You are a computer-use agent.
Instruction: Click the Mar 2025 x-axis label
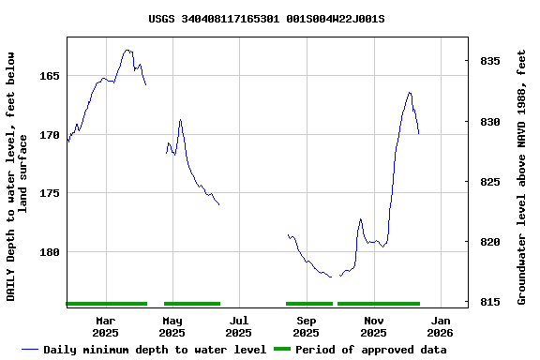pos(105,326)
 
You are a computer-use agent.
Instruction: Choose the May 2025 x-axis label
pos(172,326)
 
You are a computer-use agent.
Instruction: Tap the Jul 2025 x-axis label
pos(238,326)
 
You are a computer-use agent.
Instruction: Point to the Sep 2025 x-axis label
pos(306,326)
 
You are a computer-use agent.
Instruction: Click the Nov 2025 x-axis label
pos(373,326)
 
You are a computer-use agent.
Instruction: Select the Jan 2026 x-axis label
pos(440,326)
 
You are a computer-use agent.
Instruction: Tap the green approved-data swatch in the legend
pos(282,350)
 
